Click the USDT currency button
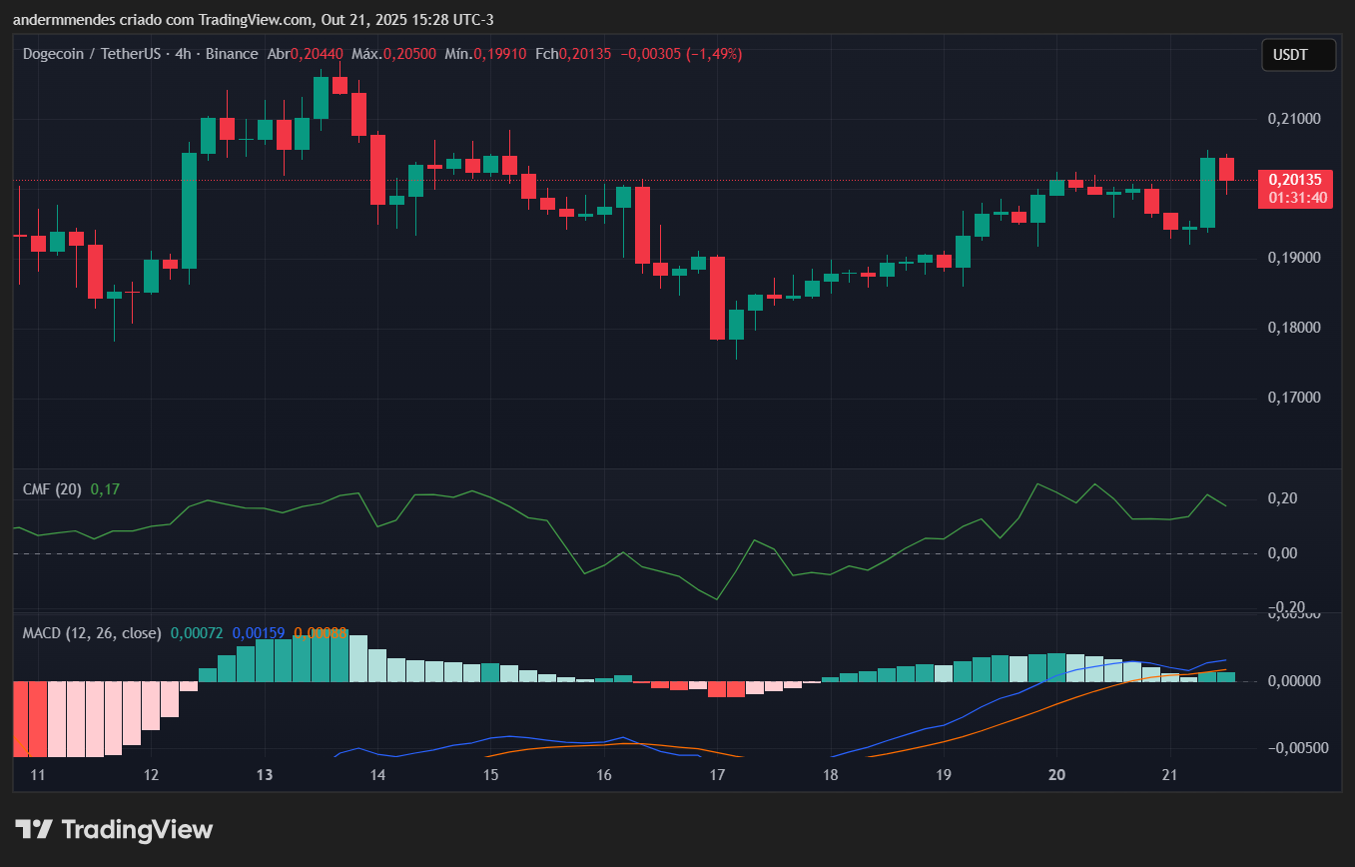(1298, 55)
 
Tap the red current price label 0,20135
(1295, 180)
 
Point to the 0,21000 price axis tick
(1293, 119)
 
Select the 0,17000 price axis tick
(1293, 398)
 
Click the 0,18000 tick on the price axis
(1293, 328)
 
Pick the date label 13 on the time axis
(265, 775)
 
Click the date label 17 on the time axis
(716, 775)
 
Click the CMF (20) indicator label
(53, 489)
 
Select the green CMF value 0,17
(105, 489)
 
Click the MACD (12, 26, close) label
(92, 633)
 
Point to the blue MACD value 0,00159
(259, 633)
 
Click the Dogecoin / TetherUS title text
(92, 54)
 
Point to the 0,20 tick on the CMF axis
(1280, 498)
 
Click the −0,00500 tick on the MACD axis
(1293, 748)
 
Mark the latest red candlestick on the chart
(1226, 169)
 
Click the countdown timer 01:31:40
(1298, 198)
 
